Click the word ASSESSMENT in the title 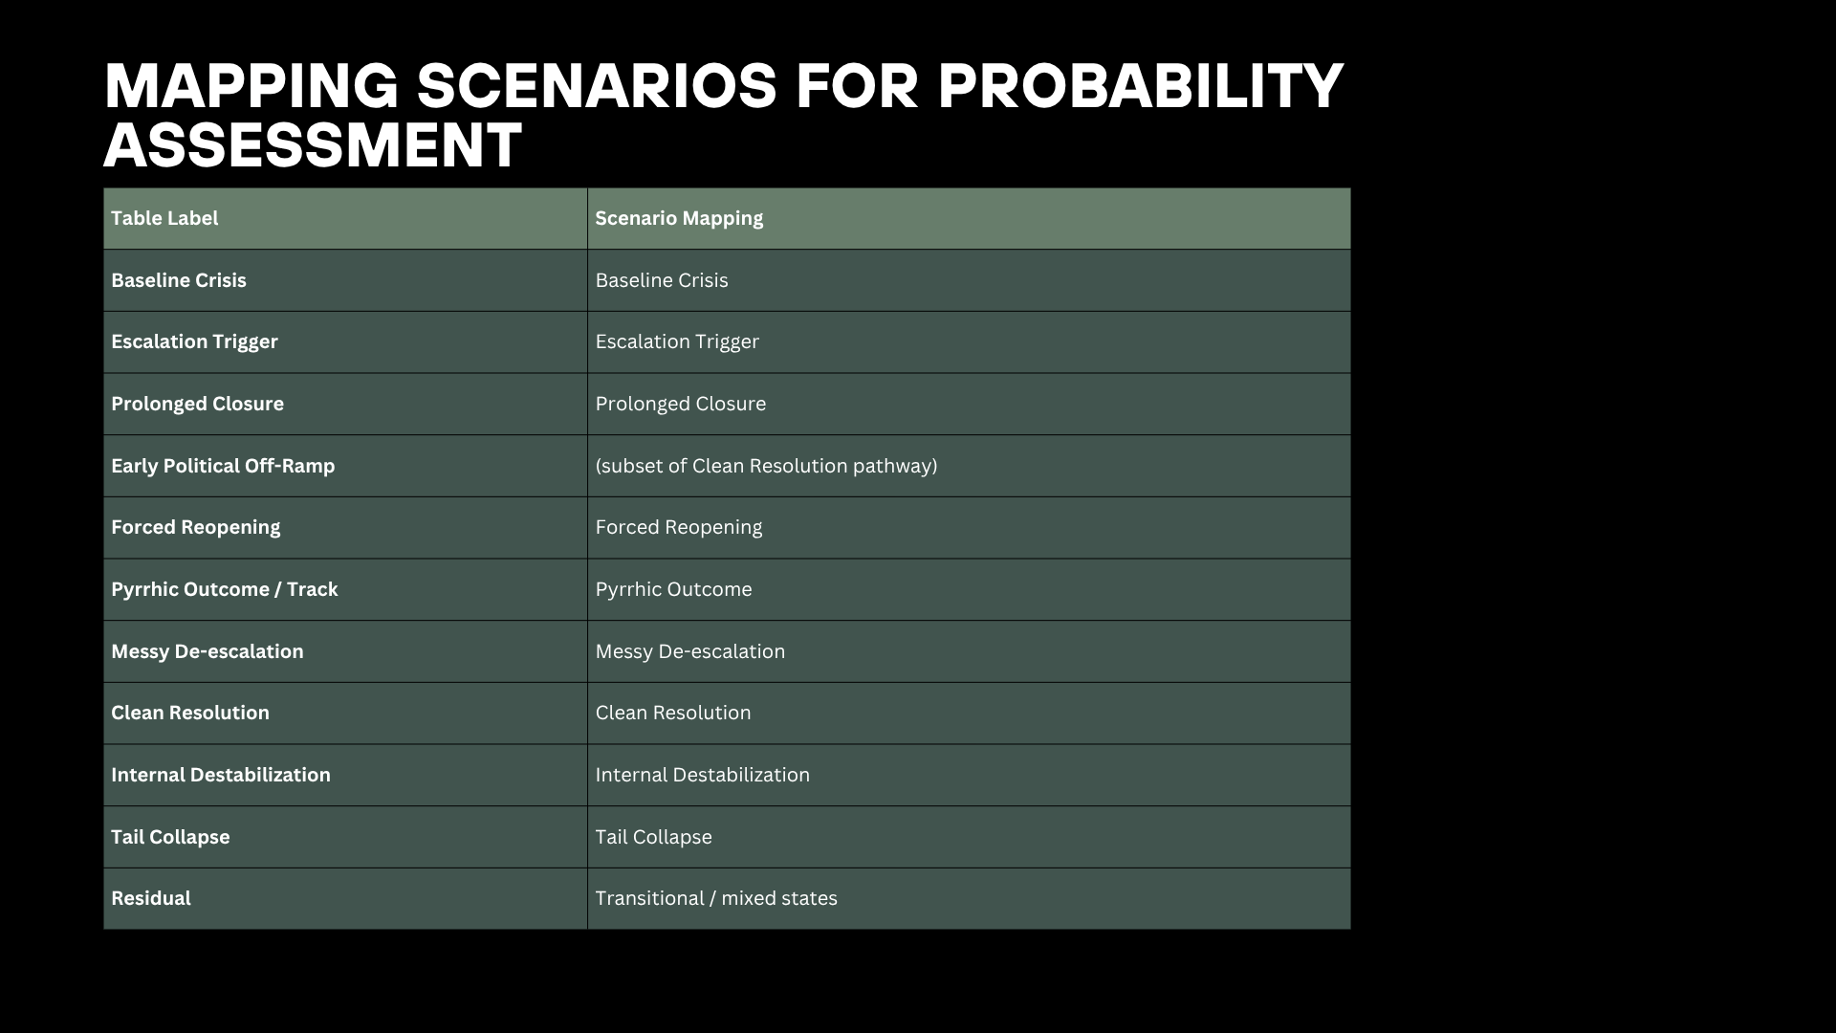[x=313, y=145]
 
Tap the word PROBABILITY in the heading [x=1141, y=86]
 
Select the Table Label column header [x=164, y=218]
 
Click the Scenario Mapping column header [x=679, y=219]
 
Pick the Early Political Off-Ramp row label [x=223, y=466]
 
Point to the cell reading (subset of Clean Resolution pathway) [x=766, y=466]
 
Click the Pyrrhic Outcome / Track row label [x=225, y=589]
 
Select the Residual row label [x=151, y=898]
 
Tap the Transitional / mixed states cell [x=716, y=898]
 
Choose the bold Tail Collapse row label [x=170, y=837]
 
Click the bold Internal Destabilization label [x=221, y=775]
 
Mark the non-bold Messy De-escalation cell [x=690, y=651]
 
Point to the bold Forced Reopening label [x=196, y=528]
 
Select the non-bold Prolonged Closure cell [x=681, y=404]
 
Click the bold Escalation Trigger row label [x=194, y=342]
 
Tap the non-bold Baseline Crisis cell [x=662, y=280]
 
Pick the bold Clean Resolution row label [x=190, y=713]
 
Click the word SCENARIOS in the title [x=598, y=86]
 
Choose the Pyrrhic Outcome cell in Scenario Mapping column [x=674, y=589]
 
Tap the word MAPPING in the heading [x=251, y=86]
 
